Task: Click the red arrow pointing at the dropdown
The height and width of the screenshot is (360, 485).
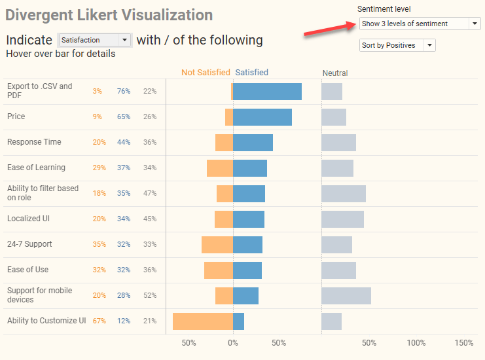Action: click(x=330, y=30)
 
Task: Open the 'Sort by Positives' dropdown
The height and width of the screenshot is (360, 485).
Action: click(x=397, y=45)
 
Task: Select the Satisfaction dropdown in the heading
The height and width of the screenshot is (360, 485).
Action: click(x=95, y=40)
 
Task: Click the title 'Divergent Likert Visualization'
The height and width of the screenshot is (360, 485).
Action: click(x=109, y=14)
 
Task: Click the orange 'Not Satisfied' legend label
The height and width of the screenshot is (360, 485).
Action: click(x=206, y=73)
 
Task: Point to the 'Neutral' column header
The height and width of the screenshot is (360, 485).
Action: click(x=335, y=73)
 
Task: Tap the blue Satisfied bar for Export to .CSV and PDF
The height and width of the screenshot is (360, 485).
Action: click(x=267, y=92)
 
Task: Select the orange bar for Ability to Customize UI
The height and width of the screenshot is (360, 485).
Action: click(x=203, y=321)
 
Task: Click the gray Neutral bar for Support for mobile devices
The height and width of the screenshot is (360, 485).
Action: click(x=346, y=296)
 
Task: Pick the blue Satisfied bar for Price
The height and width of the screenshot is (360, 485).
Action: click(x=262, y=117)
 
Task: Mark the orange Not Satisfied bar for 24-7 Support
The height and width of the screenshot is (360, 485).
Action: click(x=217, y=245)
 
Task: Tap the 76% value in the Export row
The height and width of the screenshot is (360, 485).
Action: click(x=124, y=91)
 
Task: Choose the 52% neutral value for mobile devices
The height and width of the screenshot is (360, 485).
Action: click(x=150, y=295)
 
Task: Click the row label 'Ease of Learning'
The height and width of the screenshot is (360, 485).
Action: click(x=36, y=168)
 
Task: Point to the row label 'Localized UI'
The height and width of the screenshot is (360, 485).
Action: click(x=28, y=219)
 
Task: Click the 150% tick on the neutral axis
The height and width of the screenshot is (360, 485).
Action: click(x=463, y=343)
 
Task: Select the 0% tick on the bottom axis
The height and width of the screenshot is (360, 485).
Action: click(x=233, y=343)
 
